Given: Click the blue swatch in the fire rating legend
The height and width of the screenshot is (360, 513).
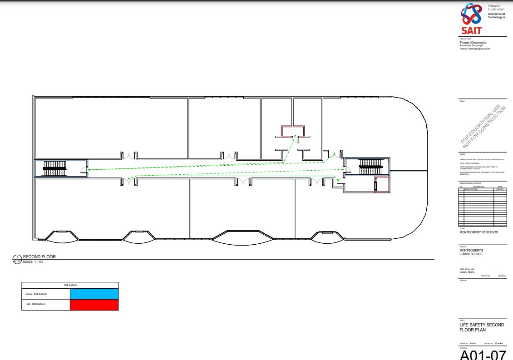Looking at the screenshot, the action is click(94, 294).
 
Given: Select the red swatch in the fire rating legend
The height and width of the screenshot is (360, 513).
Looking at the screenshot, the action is click(94, 305).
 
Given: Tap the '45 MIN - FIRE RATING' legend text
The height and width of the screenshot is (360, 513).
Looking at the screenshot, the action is click(36, 294).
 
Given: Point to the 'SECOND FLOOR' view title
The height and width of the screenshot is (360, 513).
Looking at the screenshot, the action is click(39, 257).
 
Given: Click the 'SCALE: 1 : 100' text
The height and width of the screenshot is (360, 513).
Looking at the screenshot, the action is click(33, 262).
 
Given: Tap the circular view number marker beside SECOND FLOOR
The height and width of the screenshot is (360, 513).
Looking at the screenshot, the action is click(17, 259).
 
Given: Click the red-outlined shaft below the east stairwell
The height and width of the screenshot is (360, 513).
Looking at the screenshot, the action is click(382, 185).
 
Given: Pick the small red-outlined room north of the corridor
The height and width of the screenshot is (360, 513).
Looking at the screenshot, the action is click(293, 132).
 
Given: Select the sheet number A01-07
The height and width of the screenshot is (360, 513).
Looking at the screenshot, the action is click(483, 355).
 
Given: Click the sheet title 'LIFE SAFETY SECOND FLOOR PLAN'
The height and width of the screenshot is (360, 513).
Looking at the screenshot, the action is click(482, 327).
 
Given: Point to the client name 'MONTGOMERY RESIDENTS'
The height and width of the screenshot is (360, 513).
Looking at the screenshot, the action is click(478, 232).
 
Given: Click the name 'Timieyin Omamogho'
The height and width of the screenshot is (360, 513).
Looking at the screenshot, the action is click(473, 43).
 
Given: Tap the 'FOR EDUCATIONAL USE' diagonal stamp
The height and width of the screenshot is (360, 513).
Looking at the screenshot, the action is click(483, 126).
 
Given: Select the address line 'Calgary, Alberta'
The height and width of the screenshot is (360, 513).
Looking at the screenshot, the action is click(467, 272).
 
